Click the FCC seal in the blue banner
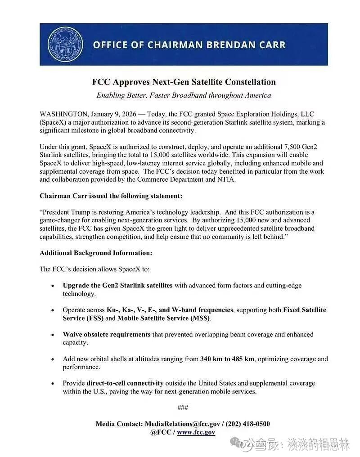pyautogui.click(x=66, y=44)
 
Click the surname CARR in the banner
pyautogui.click(x=269, y=45)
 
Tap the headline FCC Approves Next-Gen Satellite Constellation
pyautogui.click(x=184, y=82)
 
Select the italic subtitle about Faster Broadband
pyautogui.click(x=184, y=95)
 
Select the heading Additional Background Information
pyautogui.click(x=95, y=253)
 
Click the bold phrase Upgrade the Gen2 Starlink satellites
pyautogui.click(x=117, y=286)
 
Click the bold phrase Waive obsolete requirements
pyautogui.click(x=107, y=335)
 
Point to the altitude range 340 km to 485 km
pyautogui.click(x=227, y=359)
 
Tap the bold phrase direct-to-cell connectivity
pyautogui.click(x=125, y=383)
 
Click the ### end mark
pyautogui.click(x=183, y=408)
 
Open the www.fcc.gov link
pyautogui.click(x=196, y=432)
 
